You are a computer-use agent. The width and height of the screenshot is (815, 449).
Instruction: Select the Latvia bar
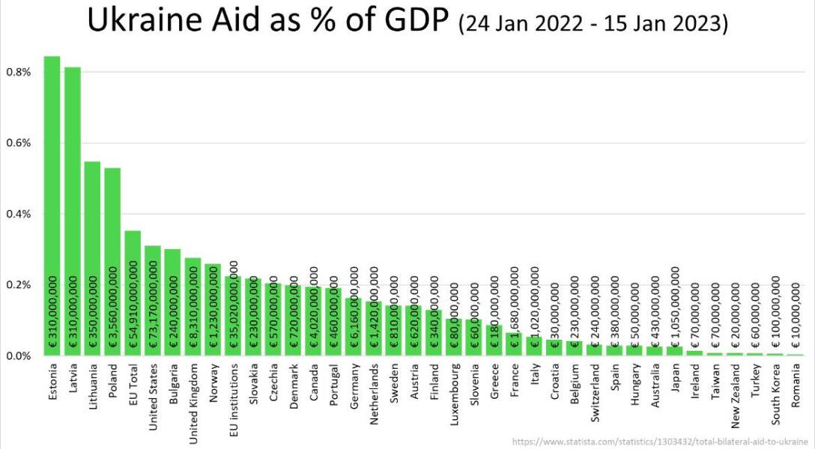(x=73, y=210)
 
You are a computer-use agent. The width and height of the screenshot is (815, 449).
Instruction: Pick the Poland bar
(x=112, y=262)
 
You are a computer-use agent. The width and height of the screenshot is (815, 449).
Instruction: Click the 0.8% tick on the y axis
(x=17, y=72)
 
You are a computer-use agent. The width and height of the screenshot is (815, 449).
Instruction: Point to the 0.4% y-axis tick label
(x=17, y=214)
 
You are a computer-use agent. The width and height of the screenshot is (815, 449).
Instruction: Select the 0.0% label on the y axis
(x=17, y=356)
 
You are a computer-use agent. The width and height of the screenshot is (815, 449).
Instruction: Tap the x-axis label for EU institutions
(x=233, y=403)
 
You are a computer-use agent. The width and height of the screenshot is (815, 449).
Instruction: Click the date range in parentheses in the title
(x=593, y=24)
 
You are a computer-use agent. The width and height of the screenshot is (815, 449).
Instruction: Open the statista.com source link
(x=662, y=442)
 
